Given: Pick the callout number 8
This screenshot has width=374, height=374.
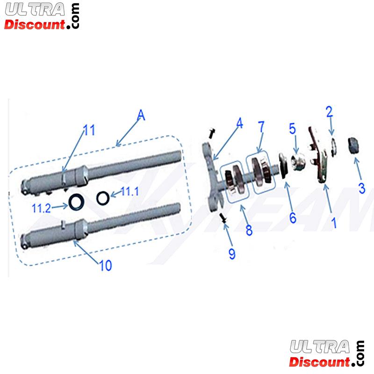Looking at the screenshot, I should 249,230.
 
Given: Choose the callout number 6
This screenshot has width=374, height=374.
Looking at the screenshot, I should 292,218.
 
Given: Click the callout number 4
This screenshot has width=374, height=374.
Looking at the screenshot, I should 239,124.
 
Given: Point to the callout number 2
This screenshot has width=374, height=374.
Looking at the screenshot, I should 329,111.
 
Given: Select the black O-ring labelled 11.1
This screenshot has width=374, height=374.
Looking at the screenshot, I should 103,197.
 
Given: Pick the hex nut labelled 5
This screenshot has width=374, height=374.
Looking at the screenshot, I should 296,160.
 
